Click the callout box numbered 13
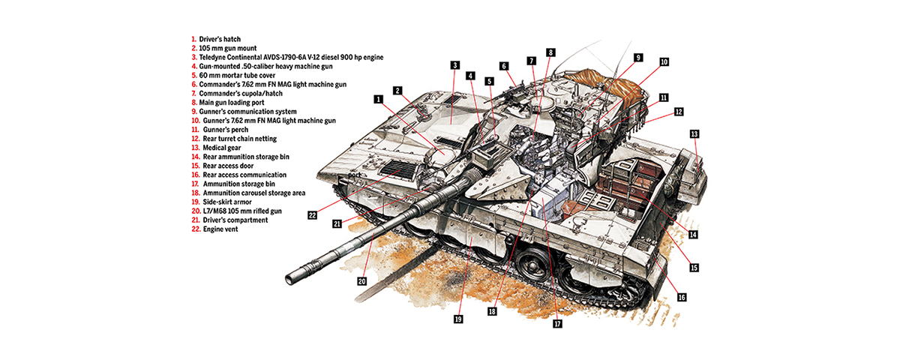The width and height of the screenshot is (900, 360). tap(694, 133)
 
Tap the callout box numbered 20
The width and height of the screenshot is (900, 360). tap(361, 281)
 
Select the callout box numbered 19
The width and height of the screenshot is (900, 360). tap(457, 319)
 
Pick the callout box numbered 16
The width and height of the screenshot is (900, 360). tap(682, 297)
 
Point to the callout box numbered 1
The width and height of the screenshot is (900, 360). tap(379, 98)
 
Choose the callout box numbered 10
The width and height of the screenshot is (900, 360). tap(664, 62)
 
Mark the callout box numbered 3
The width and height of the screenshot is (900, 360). tap(454, 65)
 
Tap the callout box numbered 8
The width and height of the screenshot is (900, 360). tap(550, 52)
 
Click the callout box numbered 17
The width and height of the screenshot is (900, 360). tap(557, 324)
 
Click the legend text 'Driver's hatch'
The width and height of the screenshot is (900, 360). tap(220, 38)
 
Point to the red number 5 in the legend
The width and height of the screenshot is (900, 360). tap(193, 75)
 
